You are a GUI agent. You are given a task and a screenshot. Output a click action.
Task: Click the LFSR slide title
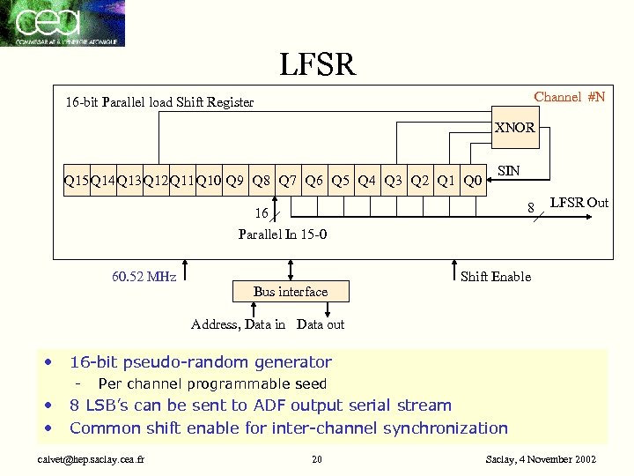[x=317, y=63]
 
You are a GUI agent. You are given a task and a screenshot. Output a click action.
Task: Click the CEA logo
[x=63, y=23]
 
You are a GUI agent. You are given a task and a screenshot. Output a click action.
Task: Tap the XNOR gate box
[x=514, y=127]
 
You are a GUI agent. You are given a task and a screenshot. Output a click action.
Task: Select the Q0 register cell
[x=472, y=182]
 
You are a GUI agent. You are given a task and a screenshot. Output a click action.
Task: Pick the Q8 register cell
[x=261, y=182]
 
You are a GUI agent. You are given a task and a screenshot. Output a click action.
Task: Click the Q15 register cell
[x=76, y=182]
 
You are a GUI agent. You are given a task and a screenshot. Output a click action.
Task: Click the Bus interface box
[x=291, y=291]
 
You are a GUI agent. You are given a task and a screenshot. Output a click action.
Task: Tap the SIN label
[x=508, y=169]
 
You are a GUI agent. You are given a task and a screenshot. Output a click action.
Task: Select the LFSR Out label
[x=579, y=203]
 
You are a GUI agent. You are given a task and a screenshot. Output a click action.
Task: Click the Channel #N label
[x=570, y=97]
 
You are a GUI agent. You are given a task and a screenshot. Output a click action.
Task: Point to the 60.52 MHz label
[x=144, y=277]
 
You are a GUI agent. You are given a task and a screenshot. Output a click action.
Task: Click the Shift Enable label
[x=496, y=277]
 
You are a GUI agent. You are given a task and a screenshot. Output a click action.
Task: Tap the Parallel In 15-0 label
[x=283, y=234]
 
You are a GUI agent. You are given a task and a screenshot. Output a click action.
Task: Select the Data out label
[x=321, y=324]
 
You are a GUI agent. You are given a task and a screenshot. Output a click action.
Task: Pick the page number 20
[x=317, y=459]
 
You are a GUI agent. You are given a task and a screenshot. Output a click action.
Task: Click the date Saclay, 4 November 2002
[x=541, y=459]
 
